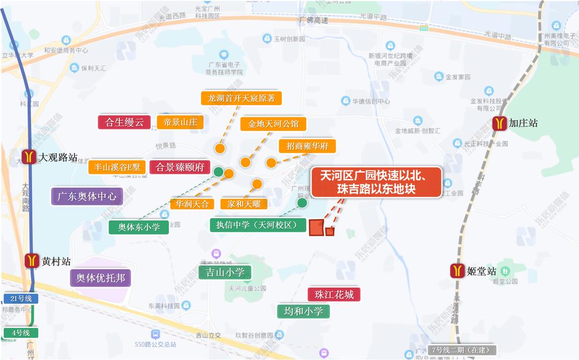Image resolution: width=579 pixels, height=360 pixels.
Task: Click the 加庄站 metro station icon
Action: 500,123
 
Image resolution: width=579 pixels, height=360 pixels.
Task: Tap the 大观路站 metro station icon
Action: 29,157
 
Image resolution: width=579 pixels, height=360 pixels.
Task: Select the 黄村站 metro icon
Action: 32,261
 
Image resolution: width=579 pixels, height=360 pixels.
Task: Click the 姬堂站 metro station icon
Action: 457,271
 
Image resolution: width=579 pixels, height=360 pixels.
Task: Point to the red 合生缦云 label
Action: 124,122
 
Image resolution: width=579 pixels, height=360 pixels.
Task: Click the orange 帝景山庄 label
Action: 180,122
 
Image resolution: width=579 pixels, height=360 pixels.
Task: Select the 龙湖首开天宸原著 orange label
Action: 241,98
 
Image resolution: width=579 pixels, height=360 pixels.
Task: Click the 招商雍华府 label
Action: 307,146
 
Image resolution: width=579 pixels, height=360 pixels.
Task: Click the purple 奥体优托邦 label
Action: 101,278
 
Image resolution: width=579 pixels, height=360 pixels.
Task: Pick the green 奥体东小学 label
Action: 139,227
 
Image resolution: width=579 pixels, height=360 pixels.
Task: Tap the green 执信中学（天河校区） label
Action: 258,225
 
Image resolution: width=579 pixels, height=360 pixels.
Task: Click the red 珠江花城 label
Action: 334,294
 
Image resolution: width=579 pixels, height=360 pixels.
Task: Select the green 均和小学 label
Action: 303,311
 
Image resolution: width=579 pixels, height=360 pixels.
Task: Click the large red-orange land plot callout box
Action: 376,182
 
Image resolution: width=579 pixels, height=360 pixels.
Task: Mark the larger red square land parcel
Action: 316,227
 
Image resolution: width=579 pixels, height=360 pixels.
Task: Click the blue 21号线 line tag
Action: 21,298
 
